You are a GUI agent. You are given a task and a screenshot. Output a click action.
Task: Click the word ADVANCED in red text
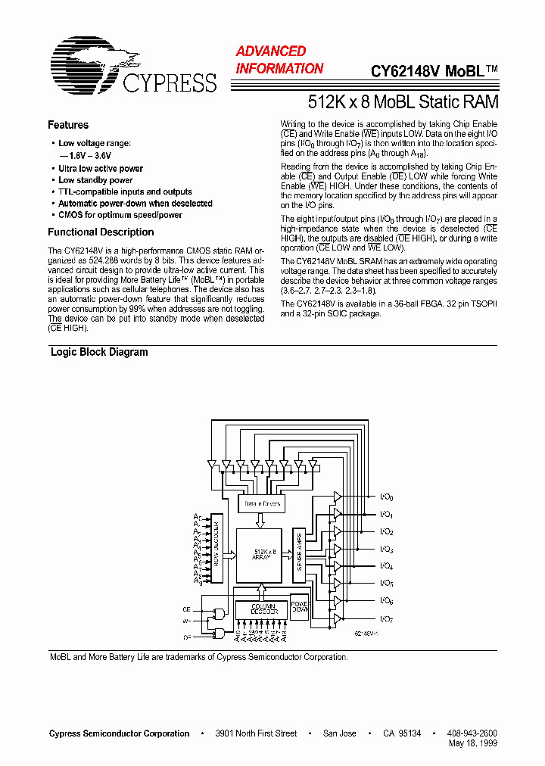tap(270, 51)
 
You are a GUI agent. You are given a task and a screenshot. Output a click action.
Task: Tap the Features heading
tap(67, 125)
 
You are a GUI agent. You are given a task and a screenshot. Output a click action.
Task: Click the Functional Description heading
tap(101, 232)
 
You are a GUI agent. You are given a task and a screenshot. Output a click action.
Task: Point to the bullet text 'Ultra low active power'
tap(101, 169)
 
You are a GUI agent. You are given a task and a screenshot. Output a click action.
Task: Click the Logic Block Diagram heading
tap(99, 352)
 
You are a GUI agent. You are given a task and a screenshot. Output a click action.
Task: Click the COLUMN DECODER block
tap(261, 608)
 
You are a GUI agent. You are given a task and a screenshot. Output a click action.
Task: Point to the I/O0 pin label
tap(386, 497)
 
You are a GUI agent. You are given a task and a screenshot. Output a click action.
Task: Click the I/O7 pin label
tap(386, 619)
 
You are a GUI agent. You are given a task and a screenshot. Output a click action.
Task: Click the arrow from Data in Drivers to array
tap(261, 520)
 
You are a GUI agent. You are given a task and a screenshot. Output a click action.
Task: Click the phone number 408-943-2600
tap(472, 733)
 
